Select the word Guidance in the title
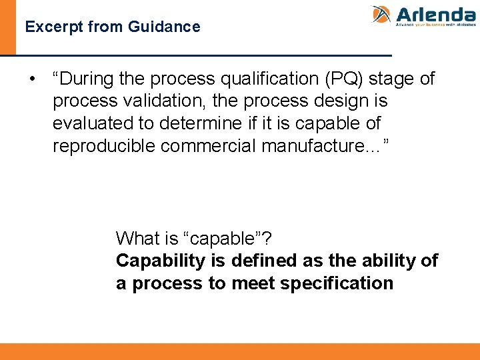coord(171,27)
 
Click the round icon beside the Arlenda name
coord(381,15)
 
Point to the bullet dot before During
coord(32,79)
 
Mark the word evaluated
coord(92,124)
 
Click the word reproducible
coord(104,146)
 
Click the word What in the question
coord(137,238)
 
